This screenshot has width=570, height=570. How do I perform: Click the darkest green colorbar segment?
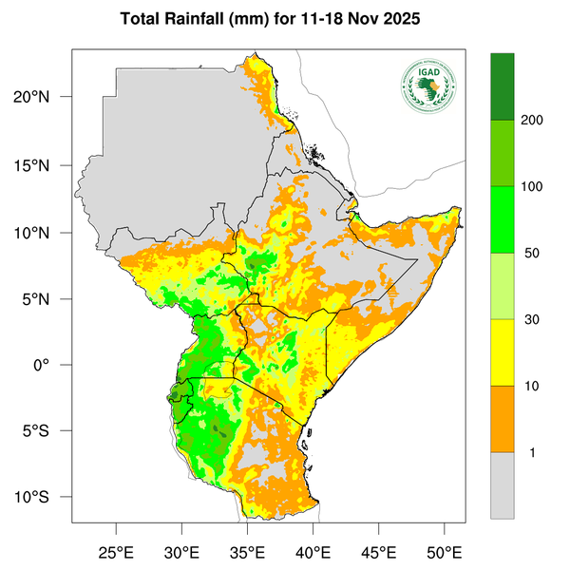tap(502, 86)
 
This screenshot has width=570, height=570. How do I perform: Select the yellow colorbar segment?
tap(502, 352)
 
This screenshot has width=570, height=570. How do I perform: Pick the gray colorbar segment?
tap(502, 485)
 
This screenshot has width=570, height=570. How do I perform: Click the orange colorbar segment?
tap(502, 419)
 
